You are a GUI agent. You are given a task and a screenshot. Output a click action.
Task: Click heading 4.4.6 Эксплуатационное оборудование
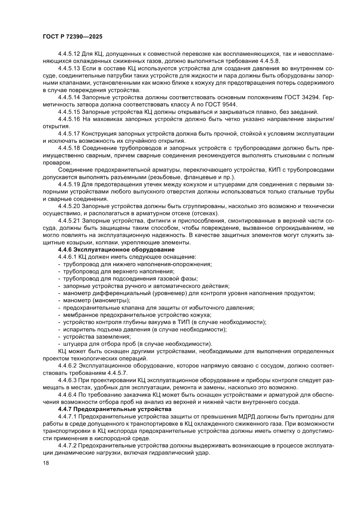(116, 249)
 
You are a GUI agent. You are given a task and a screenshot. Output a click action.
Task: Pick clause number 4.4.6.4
(67, 395)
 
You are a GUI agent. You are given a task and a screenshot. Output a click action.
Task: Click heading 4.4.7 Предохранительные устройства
(115, 409)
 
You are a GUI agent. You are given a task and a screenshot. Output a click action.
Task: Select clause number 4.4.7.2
(67, 446)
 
